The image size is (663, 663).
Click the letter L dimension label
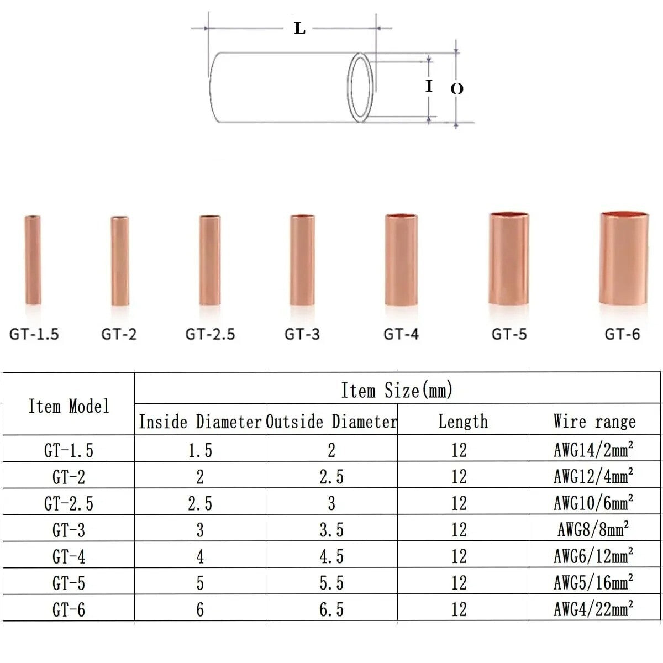[299, 28]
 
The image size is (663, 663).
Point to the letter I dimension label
[429, 86]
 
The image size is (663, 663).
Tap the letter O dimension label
[456, 89]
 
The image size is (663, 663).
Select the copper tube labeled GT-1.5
[33, 260]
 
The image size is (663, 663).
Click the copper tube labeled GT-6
[624, 257]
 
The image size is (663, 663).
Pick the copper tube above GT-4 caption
[401, 259]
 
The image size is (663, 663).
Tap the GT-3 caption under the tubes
[302, 334]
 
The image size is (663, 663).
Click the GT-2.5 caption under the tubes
[210, 334]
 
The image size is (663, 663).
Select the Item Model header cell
[69, 406]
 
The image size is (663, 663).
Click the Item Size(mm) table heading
[397, 390]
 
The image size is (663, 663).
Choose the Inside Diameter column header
[199, 422]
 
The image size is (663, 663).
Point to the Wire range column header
[594, 422]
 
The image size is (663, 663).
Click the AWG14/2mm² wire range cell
[593, 450]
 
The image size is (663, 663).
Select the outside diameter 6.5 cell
[331, 609]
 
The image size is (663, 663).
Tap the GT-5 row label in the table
[69, 583]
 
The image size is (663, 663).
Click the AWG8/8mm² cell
[593, 530]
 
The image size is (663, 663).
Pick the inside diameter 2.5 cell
[199, 503]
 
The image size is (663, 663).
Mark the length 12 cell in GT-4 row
[459, 556]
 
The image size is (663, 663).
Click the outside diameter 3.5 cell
[331, 530]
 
